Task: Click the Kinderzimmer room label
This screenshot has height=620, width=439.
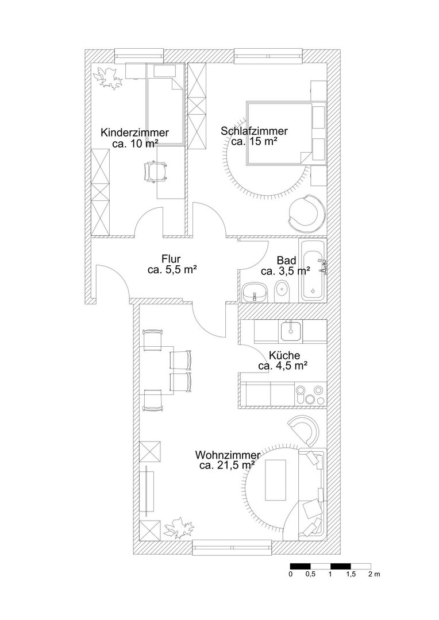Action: [x=134, y=132]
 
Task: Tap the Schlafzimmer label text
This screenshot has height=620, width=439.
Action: [x=254, y=131]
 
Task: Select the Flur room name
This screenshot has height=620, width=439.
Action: [x=171, y=259]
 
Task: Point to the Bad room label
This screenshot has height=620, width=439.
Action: [x=286, y=261]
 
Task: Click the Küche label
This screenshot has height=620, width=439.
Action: [x=284, y=355]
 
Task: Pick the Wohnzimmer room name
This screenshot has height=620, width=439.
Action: [x=228, y=455]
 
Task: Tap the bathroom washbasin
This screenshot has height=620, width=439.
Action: [x=254, y=293]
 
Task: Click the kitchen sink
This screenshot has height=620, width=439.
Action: [x=291, y=331]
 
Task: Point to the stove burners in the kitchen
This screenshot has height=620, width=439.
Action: [x=310, y=394]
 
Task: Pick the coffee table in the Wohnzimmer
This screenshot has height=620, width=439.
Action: [x=275, y=479]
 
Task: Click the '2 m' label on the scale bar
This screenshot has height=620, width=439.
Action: [x=373, y=574]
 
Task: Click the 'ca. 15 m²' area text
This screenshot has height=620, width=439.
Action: [x=254, y=141]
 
